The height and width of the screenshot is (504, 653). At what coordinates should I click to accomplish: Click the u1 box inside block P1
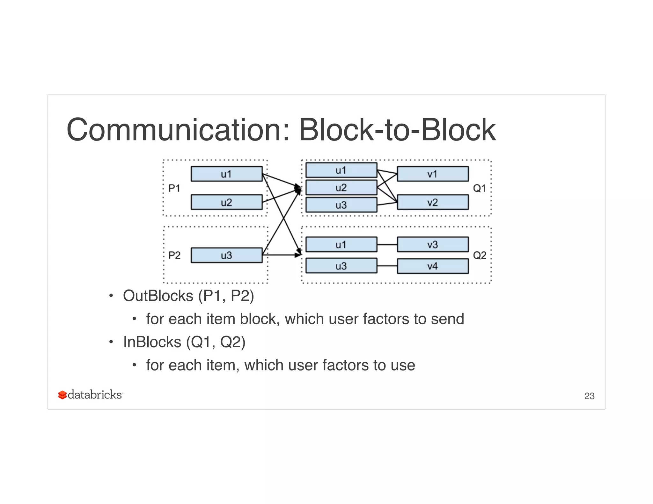click(x=226, y=174)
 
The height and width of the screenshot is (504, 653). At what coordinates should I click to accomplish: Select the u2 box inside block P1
click(x=226, y=202)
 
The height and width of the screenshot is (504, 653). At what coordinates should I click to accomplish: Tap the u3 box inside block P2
click(x=226, y=255)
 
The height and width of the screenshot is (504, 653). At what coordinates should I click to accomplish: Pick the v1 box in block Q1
click(x=433, y=174)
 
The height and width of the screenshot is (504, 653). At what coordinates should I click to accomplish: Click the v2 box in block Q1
click(x=433, y=202)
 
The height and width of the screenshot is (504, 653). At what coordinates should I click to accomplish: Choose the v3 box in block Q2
click(x=433, y=245)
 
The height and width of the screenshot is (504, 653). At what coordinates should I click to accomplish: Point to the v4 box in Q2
click(x=433, y=266)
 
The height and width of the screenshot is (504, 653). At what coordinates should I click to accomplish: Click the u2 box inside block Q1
click(x=341, y=188)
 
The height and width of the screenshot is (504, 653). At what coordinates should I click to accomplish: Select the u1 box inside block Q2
click(x=341, y=245)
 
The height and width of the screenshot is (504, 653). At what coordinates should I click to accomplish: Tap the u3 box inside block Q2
click(x=341, y=266)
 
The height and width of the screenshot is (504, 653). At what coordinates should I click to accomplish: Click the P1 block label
click(x=174, y=188)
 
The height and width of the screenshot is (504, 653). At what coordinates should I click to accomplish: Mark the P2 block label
click(x=174, y=255)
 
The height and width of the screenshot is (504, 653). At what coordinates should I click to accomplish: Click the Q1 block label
click(x=479, y=188)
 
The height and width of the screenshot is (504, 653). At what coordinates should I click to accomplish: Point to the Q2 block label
click(x=480, y=255)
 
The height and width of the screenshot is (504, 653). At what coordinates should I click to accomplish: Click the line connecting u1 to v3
click(x=387, y=245)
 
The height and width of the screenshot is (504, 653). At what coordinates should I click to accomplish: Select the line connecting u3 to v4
click(x=387, y=266)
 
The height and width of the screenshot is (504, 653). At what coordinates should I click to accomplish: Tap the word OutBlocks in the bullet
click(x=158, y=296)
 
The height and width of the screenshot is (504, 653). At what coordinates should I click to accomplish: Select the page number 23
click(x=589, y=396)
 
